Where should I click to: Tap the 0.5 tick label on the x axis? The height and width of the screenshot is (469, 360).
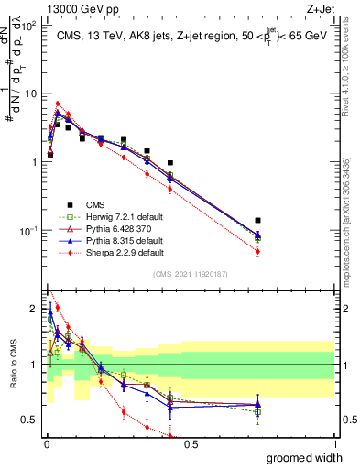point(191,444)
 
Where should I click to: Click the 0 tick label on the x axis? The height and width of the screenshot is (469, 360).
point(46,444)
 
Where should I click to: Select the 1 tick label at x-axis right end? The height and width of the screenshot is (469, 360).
point(334,444)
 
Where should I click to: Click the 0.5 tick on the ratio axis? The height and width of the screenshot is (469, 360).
point(30,420)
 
